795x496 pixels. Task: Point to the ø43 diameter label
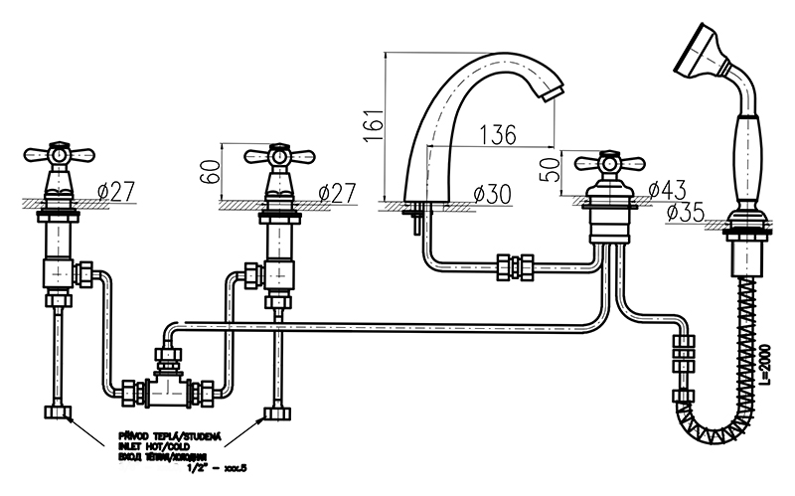click(668, 189)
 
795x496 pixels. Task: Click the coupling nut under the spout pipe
click(516, 265)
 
